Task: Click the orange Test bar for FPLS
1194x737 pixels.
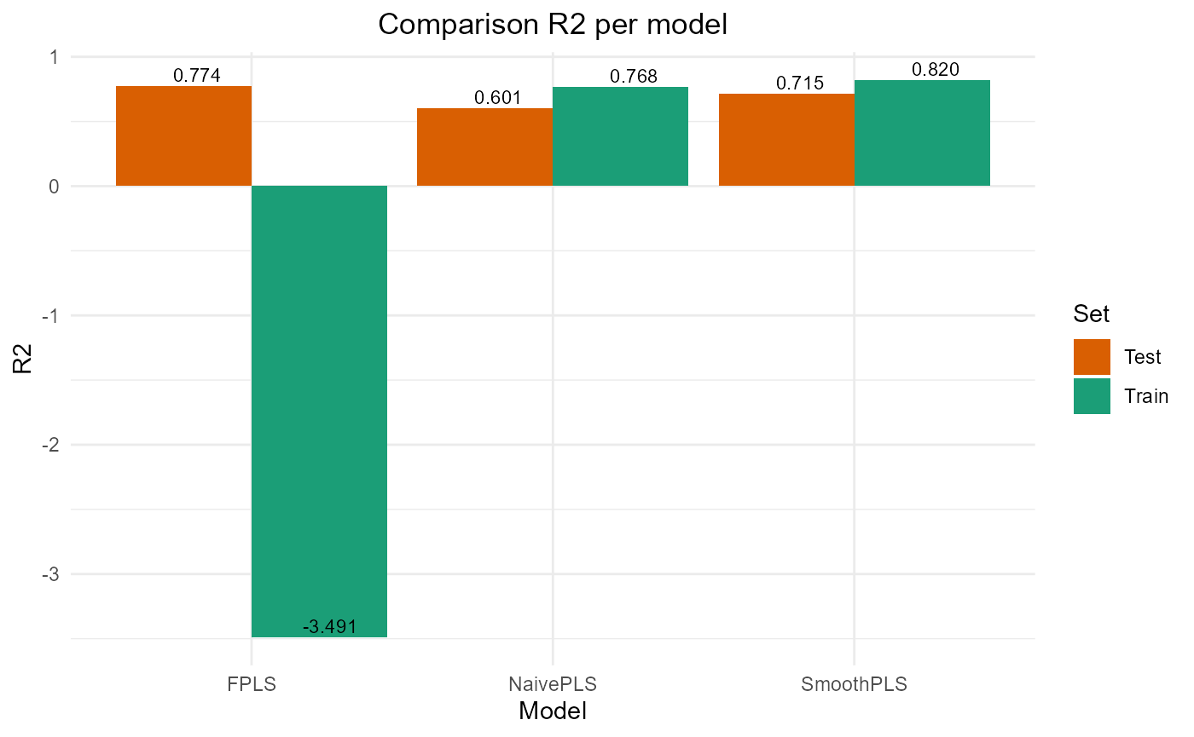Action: tap(183, 136)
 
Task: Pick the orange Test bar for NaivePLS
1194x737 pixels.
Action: tap(484, 147)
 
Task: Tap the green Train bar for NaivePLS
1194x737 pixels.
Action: tap(620, 136)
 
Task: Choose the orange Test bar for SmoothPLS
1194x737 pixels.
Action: tap(786, 140)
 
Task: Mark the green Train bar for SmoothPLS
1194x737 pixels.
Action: tap(922, 133)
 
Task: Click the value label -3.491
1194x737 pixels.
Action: tap(329, 627)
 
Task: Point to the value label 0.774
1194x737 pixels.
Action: tap(197, 76)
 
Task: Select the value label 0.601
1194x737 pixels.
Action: tap(498, 98)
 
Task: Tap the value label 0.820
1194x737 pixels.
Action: tap(936, 70)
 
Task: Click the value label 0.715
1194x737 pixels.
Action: tap(800, 83)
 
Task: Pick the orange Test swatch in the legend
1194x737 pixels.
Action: tap(1092, 357)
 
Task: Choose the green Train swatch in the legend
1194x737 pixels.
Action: tap(1092, 396)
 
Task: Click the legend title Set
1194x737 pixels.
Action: tap(1092, 314)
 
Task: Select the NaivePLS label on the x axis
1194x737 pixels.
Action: tap(553, 683)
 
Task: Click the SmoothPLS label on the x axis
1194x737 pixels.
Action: tap(854, 683)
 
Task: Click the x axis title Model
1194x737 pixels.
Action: tap(553, 711)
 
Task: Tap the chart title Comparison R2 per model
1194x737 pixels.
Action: tap(553, 25)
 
